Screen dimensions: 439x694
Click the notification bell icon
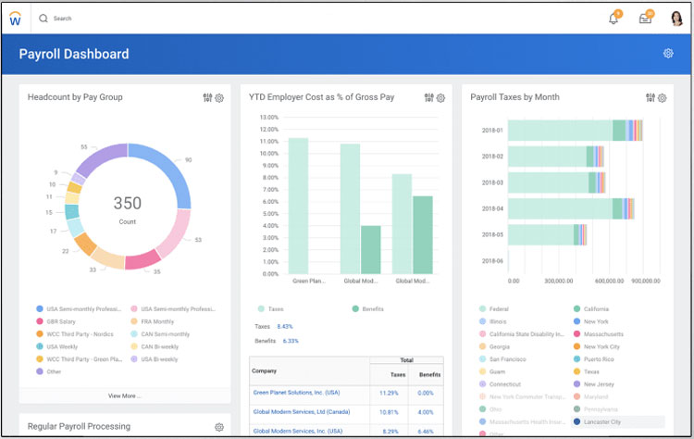(x=613, y=19)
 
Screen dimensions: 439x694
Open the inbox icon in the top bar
(x=645, y=19)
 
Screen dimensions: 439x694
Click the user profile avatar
(x=676, y=19)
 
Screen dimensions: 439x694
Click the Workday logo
(x=16, y=19)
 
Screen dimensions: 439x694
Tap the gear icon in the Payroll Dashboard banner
(x=668, y=54)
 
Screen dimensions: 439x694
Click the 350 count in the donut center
(x=128, y=204)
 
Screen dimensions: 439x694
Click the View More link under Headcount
(x=125, y=395)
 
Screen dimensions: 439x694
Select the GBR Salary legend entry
(x=63, y=321)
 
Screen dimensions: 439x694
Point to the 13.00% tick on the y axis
(x=269, y=118)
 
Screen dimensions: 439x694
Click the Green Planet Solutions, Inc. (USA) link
(x=296, y=393)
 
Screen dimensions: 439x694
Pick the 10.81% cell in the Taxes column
(x=389, y=412)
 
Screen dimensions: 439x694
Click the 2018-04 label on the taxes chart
(x=492, y=208)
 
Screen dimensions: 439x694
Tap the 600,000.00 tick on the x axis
(x=610, y=281)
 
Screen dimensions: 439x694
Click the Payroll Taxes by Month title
(x=514, y=97)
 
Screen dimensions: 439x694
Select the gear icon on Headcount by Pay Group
(x=219, y=98)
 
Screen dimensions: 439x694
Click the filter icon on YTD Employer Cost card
(x=429, y=98)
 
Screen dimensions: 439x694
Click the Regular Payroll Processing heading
(x=79, y=427)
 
